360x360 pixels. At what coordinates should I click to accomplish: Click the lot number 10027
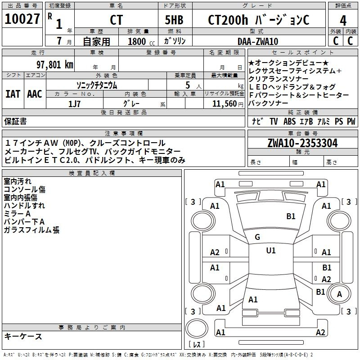click(x=22, y=19)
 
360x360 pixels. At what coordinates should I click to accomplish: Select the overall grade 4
click(x=343, y=21)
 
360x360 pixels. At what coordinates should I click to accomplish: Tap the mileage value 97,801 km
click(x=55, y=65)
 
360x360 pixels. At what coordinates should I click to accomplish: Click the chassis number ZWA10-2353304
click(x=302, y=143)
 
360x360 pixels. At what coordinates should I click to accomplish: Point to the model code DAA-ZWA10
click(x=258, y=41)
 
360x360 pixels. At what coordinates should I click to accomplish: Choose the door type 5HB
click(x=174, y=20)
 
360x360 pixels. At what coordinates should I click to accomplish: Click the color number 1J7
click(x=74, y=104)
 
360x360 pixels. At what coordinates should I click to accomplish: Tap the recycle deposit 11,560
click(x=225, y=104)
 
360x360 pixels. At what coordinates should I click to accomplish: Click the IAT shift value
click(x=13, y=94)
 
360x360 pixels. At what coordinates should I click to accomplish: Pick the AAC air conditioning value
click(x=35, y=94)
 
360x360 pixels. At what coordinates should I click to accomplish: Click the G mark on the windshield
click(x=257, y=237)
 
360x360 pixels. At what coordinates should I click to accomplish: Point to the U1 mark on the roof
click(x=271, y=251)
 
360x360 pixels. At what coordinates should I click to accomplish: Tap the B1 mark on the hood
click(x=291, y=216)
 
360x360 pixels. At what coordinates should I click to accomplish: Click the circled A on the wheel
click(x=339, y=294)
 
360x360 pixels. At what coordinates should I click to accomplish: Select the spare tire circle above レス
click(x=197, y=328)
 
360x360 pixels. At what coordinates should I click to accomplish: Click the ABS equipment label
click(x=289, y=121)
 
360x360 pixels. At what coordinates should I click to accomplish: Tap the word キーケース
click(x=23, y=337)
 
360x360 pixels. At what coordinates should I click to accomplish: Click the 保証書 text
click(x=15, y=121)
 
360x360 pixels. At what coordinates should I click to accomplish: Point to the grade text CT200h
click(x=228, y=20)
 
